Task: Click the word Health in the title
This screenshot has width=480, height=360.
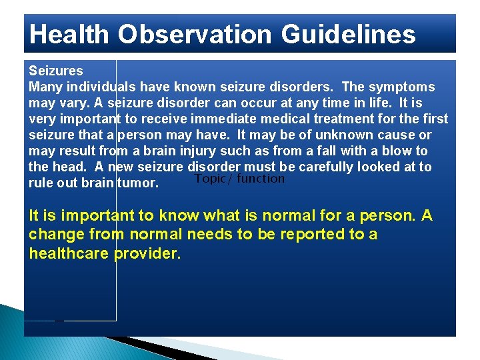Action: point(69,34)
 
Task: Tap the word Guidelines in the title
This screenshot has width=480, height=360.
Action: point(349,34)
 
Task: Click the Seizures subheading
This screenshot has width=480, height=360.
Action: point(56,71)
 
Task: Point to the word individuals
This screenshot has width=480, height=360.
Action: point(101,87)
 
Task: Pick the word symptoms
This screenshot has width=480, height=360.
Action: point(401,87)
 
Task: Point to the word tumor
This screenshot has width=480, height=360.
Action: point(138,183)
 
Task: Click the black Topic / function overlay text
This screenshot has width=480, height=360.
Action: point(240,179)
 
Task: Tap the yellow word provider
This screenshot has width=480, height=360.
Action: point(147,254)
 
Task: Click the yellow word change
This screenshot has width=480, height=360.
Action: point(57,235)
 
